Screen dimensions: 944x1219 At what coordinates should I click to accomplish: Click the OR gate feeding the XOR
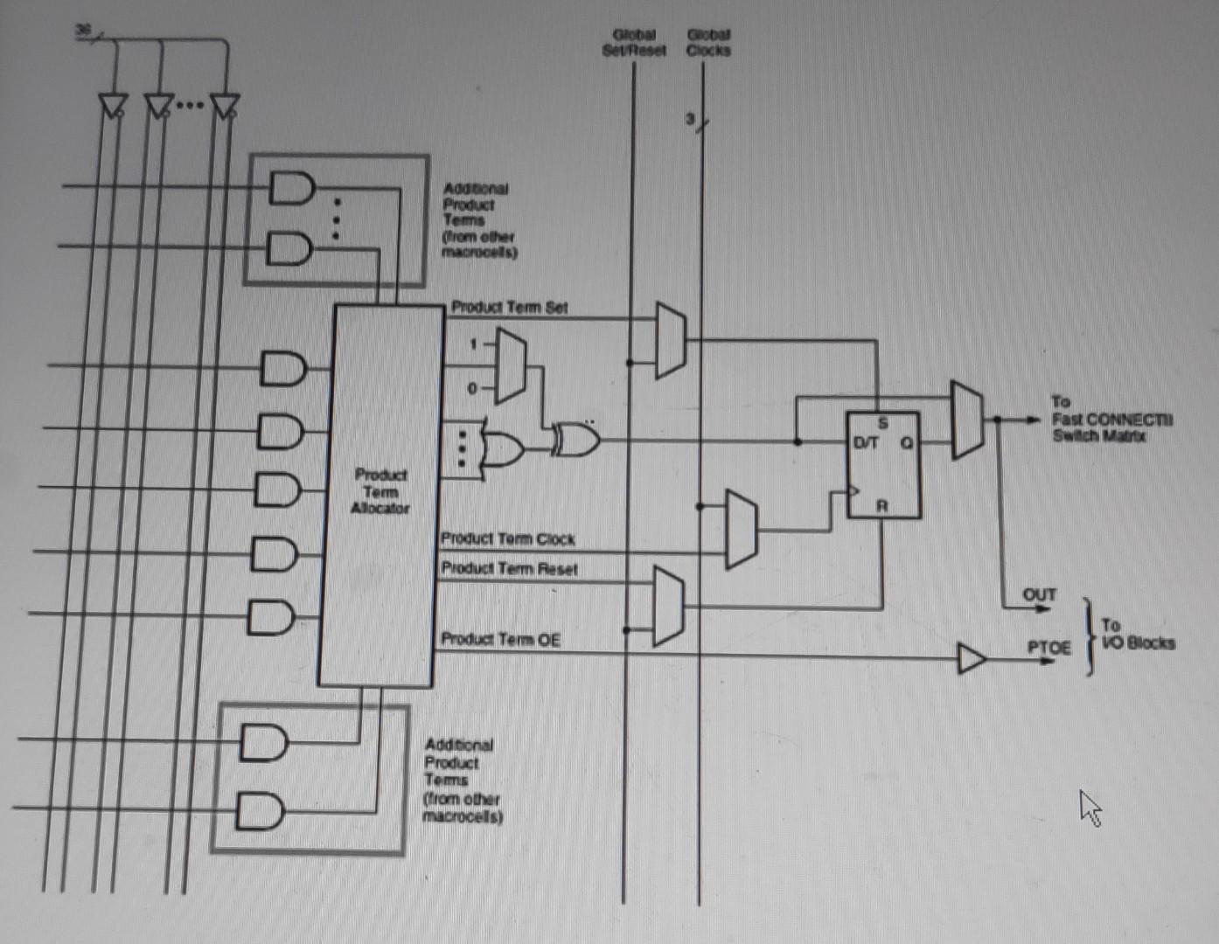pos(503,448)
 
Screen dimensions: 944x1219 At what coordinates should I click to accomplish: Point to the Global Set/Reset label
pos(634,42)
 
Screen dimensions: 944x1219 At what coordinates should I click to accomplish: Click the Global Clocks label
pos(708,42)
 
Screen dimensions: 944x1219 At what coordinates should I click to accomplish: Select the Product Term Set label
pos(509,307)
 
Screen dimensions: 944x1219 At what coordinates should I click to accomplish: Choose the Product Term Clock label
pos(507,538)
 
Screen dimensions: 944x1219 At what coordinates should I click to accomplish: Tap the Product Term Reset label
pos(509,569)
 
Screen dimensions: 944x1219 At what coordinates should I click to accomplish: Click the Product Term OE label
pos(500,639)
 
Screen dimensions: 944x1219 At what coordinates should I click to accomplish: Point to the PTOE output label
pos(1048,647)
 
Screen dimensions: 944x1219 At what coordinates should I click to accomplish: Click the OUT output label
pos(1040,594)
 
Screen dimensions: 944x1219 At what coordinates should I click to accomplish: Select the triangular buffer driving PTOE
pos(972,658)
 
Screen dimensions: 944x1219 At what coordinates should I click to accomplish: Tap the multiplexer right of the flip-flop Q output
pos(967,420)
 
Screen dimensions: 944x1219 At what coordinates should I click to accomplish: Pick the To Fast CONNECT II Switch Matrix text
pos(1111,419)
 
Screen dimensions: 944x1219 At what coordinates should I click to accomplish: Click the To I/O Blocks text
pos(1137,635)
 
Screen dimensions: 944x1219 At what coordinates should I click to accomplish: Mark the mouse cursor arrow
pos(1090,808)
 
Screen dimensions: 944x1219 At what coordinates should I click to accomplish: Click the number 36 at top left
pos(83,30)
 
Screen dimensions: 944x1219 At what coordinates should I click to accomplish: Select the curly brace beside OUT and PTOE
pos(1088,636)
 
